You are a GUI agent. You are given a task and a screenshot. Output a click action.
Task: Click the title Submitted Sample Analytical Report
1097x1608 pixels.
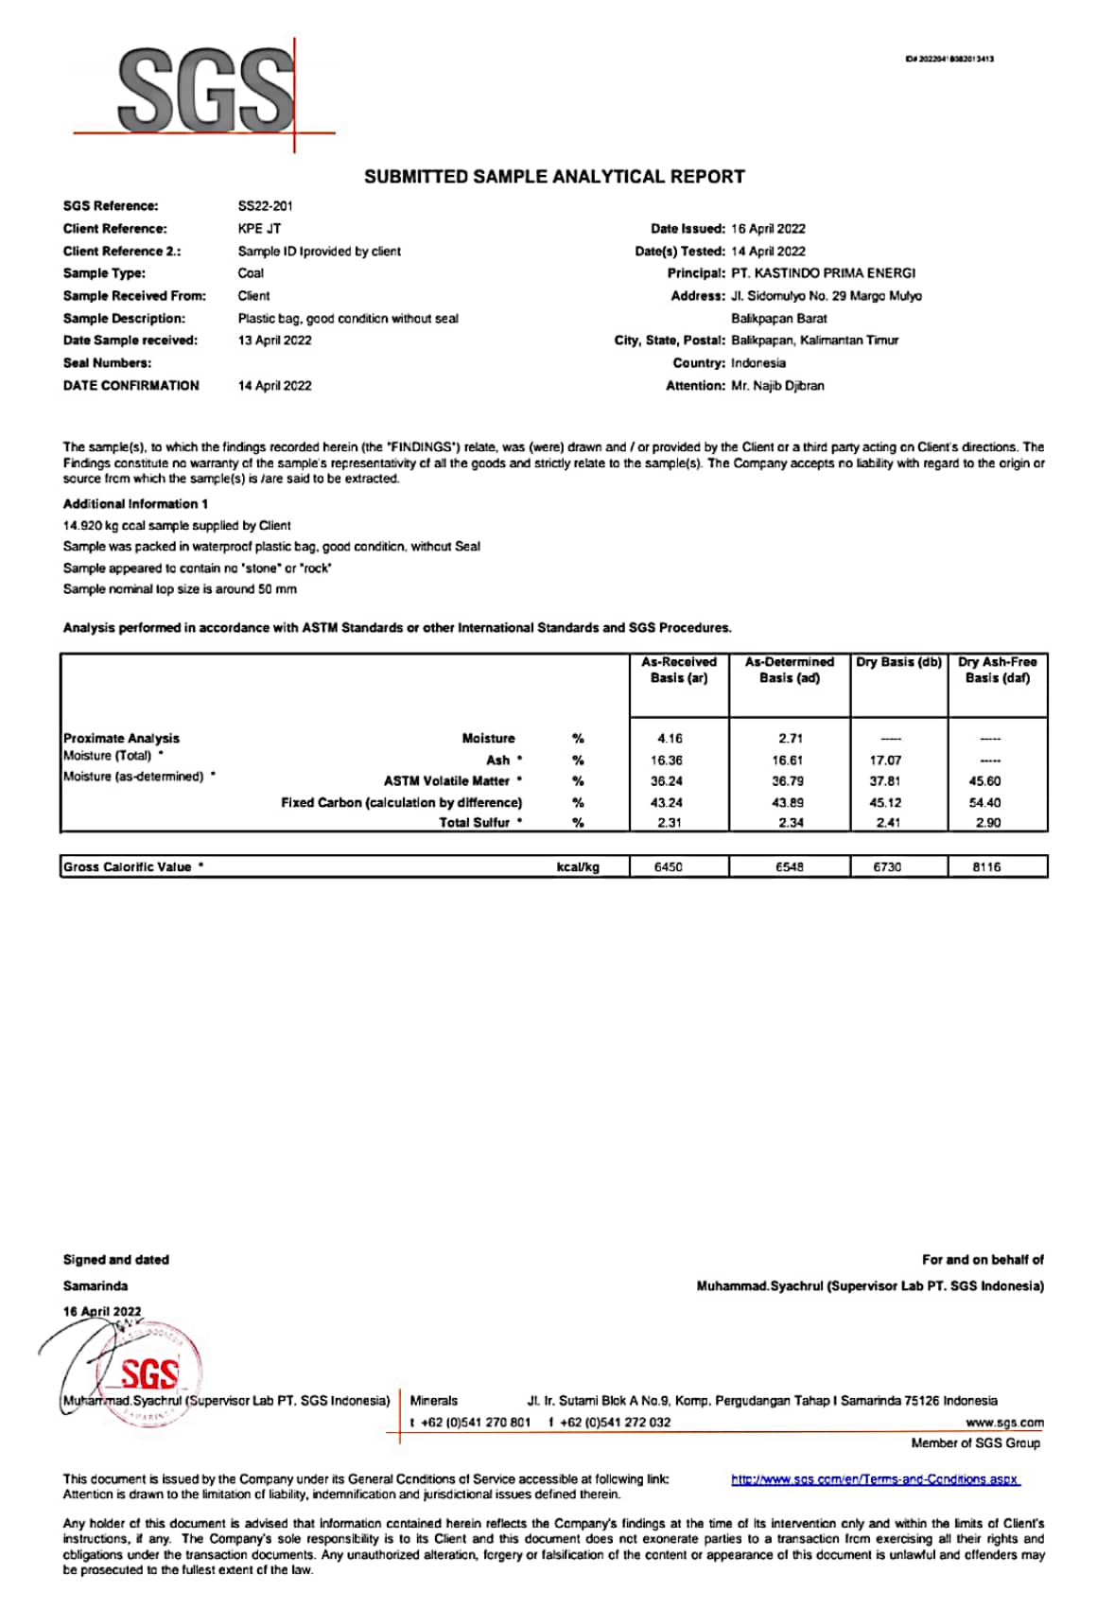(x=554, y=177)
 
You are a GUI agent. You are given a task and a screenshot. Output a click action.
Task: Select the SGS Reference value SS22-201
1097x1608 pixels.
(x=265, y=206)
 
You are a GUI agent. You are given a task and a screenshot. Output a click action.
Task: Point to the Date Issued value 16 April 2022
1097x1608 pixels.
(x=768, y=229)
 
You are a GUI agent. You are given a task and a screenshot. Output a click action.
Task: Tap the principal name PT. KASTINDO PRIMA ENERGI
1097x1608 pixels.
(x=823, y=273)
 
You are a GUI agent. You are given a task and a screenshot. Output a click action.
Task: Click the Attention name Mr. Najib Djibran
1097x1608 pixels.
(x=777, y=386)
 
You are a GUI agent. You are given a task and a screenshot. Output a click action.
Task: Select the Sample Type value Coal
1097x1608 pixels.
(x=251, y=273)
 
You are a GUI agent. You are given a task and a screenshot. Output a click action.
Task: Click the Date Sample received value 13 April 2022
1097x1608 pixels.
(x=274, y=341)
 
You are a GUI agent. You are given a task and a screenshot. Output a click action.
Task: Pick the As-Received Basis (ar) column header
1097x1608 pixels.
(x=679, y=670)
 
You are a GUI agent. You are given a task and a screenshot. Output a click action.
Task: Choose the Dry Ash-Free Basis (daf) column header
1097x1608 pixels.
(x=997, y=670)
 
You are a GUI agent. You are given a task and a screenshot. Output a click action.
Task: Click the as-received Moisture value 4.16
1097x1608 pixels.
(x=670, y=739)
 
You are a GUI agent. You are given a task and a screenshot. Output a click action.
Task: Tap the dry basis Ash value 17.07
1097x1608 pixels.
(x=885, y=760)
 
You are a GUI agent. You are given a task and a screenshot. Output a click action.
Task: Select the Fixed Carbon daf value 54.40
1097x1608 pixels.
(x=984, y=803)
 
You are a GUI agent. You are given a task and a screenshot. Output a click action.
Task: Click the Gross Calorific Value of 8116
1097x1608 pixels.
(x=986, y=867)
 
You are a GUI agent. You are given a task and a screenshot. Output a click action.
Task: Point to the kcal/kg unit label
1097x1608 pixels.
(x=578, y=867)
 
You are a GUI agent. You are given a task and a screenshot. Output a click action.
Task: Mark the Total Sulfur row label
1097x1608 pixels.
(x=475, y=823)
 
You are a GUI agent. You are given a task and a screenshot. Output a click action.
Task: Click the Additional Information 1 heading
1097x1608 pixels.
(x=135, y=504)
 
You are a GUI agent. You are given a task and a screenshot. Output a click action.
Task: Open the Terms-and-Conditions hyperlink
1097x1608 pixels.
(x=875, y=1479)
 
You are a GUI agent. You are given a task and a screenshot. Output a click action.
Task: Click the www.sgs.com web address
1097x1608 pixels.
(x=1004, y=1423)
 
